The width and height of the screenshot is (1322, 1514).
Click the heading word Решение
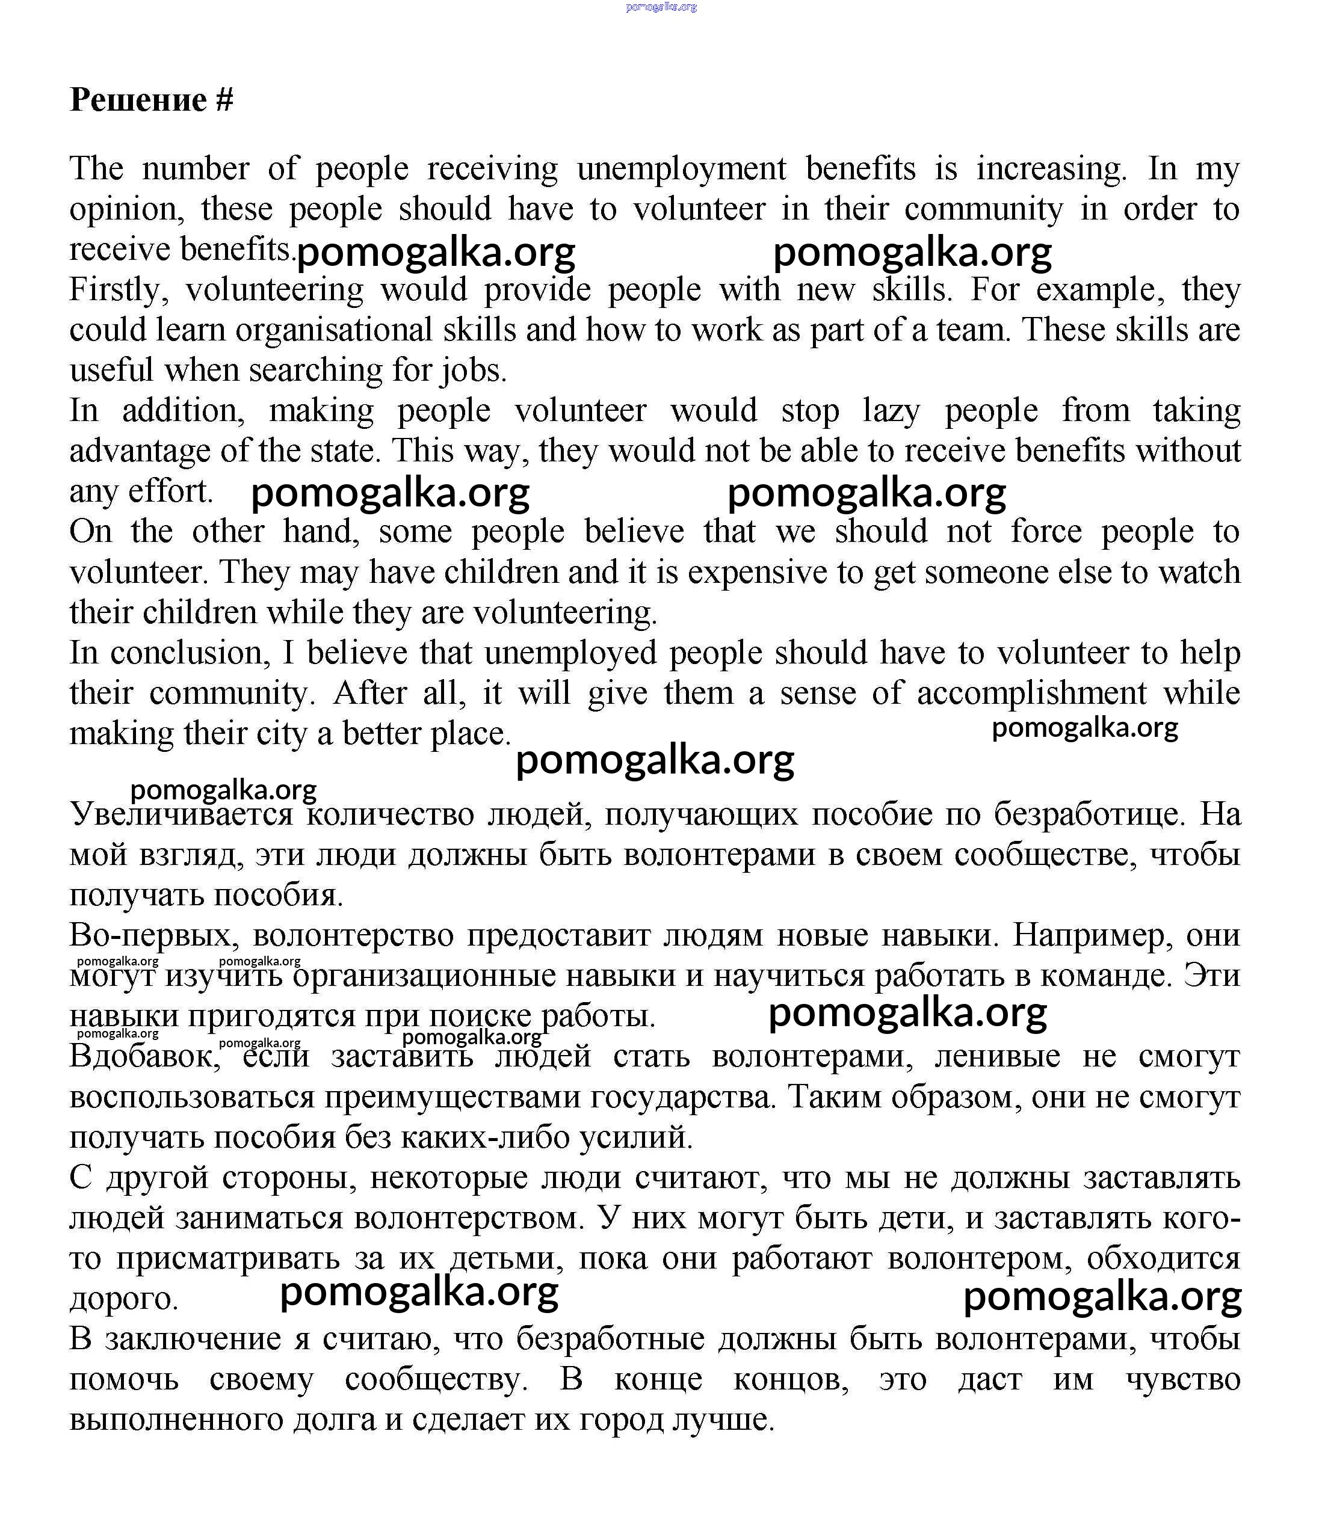[x=138, y=100]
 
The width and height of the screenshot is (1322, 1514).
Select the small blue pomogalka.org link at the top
[x=661, y=7]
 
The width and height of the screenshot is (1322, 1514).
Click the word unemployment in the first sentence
[x=682, y=169]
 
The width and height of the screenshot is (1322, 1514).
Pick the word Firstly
[x=119, y=290]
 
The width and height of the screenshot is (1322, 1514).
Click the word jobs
[x=473, y=370]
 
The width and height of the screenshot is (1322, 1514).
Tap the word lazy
[x=891, y=411]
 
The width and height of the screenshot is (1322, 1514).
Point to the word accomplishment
[x=1031, y=693]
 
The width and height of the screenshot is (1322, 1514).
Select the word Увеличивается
[x=182, y=815]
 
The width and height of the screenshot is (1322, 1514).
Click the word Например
[x=1090, y=936]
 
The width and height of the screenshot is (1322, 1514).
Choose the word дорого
[x=124, y=1299]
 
